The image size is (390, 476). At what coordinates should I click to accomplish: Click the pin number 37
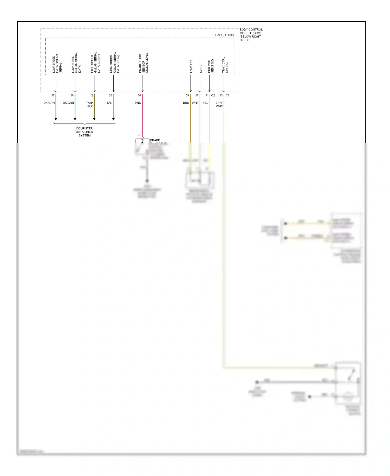(x=53, y=96)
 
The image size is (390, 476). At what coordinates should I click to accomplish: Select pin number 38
(x=72, y=96)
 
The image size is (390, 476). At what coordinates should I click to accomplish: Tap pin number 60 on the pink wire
(x=139, y=96)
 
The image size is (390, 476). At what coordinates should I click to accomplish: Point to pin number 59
(x=187, y=96)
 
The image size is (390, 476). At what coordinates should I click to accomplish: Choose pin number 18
(x=197, y=96)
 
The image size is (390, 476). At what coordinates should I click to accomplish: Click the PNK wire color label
(x=138, y=103)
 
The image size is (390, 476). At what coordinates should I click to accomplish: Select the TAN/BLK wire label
(x=89, y=104)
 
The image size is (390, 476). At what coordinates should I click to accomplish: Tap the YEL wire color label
(x=205, y=103)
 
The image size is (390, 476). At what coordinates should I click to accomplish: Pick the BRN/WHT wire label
(x=219, y=104)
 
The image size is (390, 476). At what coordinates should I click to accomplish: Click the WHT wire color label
(x=195, y=103)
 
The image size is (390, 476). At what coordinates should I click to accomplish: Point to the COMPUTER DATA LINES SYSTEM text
(x=84, y=132)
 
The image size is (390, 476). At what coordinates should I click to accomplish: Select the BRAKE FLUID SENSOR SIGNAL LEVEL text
(x=143, y=63)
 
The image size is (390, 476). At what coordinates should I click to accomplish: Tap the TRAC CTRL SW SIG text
(x=225, y=65)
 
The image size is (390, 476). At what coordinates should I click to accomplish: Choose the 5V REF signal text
(x=201, y=68)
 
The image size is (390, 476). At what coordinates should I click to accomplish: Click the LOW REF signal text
(x=191, y=66)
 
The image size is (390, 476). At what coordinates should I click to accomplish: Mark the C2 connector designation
(x=213, y=96)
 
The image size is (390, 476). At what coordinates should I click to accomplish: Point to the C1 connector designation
(x=227, y=96)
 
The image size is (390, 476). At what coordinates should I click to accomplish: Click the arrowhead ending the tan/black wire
(x=94, y=119)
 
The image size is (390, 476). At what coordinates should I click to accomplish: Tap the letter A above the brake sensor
(x=139, y=135)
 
